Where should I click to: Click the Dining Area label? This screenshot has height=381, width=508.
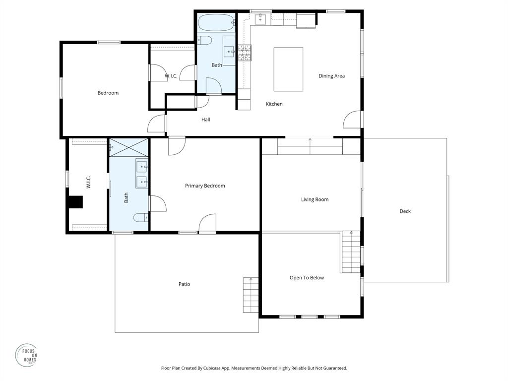coord(331,76)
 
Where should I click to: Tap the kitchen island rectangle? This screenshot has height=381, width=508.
coord(288,69)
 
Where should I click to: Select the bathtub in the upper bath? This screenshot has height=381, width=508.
coord(216,23)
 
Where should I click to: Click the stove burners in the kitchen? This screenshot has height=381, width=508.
coord(245,52)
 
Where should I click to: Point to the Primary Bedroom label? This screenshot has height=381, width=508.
coord(205,186)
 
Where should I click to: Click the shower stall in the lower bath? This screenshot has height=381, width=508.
coord(129,148)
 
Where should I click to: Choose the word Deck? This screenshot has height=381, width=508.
coord(405,211)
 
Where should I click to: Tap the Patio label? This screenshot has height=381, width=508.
coord(184,284)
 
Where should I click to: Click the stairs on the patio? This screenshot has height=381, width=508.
coord(251,295)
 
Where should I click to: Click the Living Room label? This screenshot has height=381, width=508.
coord(315,199)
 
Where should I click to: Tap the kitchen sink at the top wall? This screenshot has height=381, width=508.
coord(261,19)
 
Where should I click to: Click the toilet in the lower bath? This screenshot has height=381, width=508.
coord(140,217)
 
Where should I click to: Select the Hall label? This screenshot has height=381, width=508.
coord(206,120)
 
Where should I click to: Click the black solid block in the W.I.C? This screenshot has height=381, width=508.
coord(75,202)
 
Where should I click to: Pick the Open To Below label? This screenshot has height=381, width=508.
coord(307,278)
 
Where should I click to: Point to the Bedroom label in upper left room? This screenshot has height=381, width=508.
coord(108,93)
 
